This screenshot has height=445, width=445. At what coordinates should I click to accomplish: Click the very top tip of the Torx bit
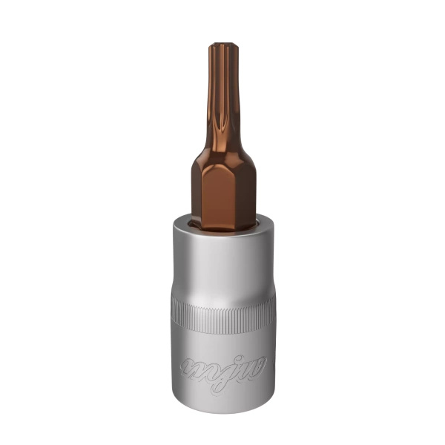coord(220,45)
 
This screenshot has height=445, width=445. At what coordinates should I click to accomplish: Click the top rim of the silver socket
coord(222,217)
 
